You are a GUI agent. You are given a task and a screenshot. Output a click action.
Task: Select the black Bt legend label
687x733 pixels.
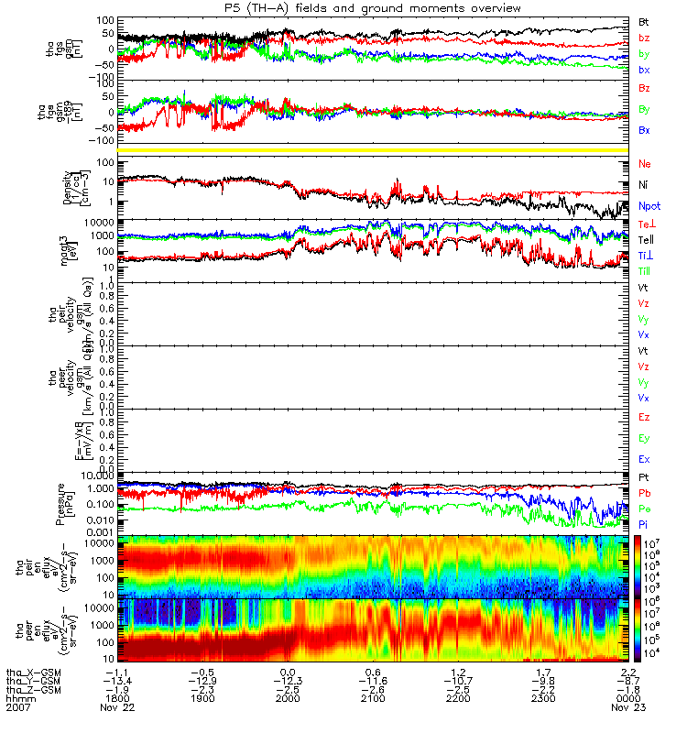point(644,21)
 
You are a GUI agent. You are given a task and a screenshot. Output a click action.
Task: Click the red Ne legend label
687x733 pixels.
point(645,164)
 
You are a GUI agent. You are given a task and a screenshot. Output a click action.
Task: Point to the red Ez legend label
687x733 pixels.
point(645,417)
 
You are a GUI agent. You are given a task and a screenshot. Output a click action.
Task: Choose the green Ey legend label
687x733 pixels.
point(645,439)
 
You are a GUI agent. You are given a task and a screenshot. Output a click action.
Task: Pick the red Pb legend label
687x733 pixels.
point(645,493)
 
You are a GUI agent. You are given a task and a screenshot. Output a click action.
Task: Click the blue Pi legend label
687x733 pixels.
point(645,523)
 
